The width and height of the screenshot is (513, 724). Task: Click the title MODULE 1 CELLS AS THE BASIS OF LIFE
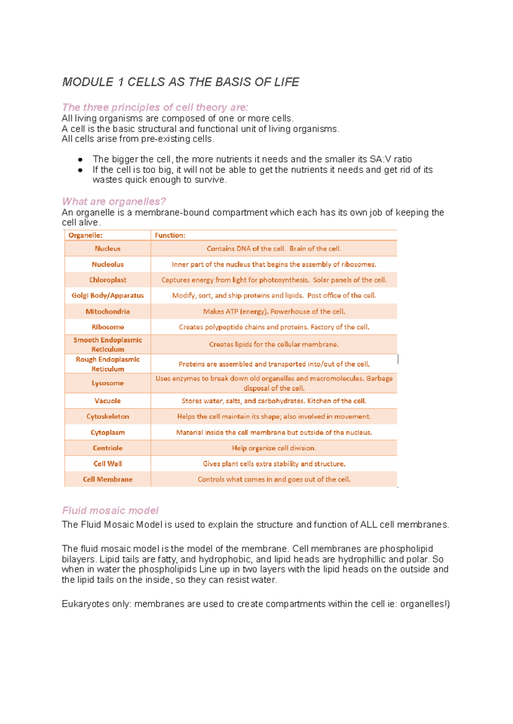[x=180, y=82]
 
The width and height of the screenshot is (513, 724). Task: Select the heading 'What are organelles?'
[x=114, y=201]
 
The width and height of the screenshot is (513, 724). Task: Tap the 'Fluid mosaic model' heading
[x=110, y=510]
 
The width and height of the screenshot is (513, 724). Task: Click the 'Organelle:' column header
[x=85, y=235]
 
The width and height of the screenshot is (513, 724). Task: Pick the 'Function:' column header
[x=170, y=235]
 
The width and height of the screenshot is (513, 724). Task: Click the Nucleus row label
[x=108, y=249]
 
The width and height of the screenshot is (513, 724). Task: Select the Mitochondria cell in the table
[x=108, y=312]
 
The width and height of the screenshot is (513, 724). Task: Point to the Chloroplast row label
[x=108, y=280]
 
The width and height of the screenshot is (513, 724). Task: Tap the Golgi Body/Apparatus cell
[x=108, y=295]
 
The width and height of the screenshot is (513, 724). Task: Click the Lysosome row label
[x=108, y=383]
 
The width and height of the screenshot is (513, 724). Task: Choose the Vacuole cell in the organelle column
[x=108, y=401]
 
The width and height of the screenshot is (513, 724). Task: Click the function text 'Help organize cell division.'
[x=274, y=448]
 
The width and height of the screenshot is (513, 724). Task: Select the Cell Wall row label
[x=108, y=464]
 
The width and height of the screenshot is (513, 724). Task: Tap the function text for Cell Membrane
[x=274, y=480]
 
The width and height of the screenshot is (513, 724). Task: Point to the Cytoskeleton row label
[x=108, y=416]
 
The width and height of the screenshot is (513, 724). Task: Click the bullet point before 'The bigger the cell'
[x=80, y=160]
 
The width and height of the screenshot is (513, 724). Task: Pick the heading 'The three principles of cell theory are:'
[x=155, y=107]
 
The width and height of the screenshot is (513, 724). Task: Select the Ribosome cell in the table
[x=108, y=327]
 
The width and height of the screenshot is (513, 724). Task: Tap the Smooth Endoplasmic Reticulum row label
[x=108, y=344]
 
